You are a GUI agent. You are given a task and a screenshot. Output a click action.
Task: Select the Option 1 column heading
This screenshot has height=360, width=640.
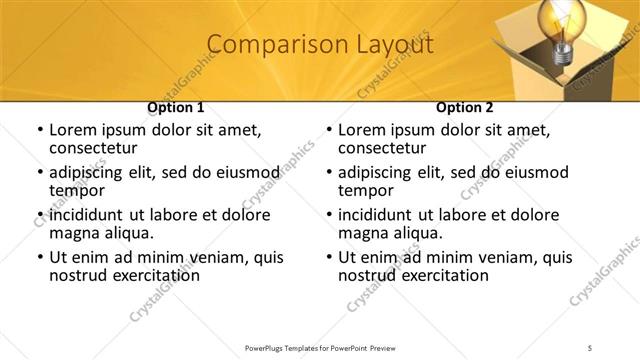coord(176,107)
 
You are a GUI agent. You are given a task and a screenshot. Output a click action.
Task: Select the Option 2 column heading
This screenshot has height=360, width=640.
coord(465,107)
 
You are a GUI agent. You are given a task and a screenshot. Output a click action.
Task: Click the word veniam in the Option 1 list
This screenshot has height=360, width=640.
coord(220,257)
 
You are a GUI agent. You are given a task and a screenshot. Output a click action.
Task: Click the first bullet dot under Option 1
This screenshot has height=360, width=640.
coord(39,131)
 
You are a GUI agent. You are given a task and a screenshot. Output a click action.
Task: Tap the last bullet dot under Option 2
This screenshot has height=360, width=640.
coord(328,257)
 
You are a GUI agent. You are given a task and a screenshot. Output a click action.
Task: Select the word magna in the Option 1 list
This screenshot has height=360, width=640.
coord(72,233)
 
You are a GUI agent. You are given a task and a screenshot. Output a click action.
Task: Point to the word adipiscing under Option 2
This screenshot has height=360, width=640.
coord(377,172)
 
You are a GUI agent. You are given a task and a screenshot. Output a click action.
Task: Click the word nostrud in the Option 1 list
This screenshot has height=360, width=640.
coord(76,275)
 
